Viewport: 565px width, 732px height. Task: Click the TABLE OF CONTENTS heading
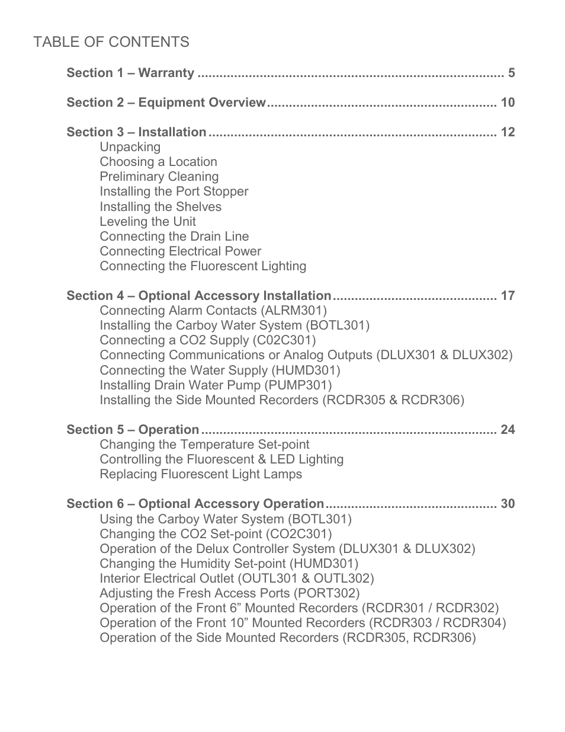[111, 42]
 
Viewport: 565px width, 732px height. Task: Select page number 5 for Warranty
[511, 73]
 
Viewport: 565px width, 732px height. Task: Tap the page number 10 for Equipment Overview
[508, 103]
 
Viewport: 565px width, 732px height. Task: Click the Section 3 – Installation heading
[136, 132]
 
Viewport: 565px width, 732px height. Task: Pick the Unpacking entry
[130, 147]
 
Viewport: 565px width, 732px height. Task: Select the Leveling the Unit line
[147, 222]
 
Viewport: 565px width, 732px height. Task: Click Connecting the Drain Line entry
[174, 236]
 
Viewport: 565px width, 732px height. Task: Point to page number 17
[508, 296]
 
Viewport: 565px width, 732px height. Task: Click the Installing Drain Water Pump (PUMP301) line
[216, 385]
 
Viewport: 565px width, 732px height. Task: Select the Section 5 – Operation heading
[133, 430]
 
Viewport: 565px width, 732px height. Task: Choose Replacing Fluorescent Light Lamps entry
[201, 474]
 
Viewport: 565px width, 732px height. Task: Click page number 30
[508, 504]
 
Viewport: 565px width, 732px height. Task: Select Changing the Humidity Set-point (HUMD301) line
[229, 564]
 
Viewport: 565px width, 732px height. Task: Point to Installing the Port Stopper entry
[174, 191]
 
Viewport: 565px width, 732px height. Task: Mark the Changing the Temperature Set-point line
[204, 445]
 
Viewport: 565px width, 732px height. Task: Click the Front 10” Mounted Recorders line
[303, 623]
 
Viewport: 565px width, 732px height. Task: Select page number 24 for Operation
[508, 430]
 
